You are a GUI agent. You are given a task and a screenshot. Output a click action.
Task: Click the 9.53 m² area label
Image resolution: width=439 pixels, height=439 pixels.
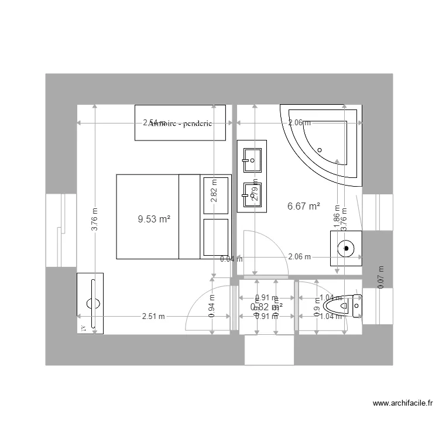154,220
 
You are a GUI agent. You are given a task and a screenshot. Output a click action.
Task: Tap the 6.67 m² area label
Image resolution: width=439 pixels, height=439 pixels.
304,206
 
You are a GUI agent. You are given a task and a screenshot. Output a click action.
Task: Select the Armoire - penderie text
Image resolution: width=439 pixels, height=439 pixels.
180,123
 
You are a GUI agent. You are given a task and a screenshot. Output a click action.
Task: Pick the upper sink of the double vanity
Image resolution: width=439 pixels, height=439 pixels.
252,157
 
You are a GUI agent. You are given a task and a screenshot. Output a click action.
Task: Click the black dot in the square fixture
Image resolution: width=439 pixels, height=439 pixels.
347,248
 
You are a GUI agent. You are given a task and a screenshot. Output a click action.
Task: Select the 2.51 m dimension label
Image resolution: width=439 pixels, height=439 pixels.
153,317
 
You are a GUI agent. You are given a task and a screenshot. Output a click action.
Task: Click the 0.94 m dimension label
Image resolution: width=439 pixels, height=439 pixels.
212,304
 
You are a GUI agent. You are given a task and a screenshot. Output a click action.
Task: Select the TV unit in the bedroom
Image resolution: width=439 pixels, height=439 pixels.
91,303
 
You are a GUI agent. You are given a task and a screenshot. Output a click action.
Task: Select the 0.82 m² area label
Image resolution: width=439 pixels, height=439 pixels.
266,306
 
